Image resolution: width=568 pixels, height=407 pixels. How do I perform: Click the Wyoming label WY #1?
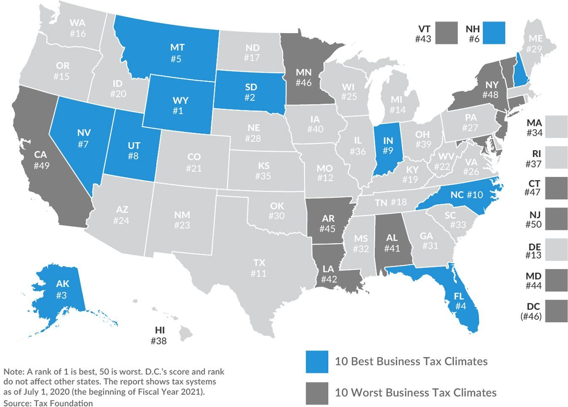[180, 106]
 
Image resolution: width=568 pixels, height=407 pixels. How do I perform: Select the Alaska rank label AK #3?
[62, 289]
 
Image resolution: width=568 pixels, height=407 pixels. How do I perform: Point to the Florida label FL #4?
[460, 301]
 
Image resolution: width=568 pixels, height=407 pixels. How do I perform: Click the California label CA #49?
[41, 160]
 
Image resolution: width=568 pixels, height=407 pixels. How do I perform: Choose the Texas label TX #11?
[259, 268]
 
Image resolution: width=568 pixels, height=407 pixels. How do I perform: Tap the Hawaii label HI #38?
[159, 335]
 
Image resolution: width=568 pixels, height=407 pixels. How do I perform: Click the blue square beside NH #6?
[494, 33]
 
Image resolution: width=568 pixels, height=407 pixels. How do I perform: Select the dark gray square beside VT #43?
[446, 33]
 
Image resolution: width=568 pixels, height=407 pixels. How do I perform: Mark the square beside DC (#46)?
[556, 311]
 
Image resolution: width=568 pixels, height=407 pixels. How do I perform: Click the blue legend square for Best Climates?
[316, 362]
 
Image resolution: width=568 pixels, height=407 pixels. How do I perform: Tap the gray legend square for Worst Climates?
[316, 393]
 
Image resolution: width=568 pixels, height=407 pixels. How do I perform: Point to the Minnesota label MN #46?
[303, 77]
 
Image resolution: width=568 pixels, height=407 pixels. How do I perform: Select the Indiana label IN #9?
[388, 145]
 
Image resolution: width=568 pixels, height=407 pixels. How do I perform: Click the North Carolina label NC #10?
[467, 194]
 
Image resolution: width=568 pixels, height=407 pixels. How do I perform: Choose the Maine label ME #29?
[535, 43]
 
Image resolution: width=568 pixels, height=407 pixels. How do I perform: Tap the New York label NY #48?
[491, 90]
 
